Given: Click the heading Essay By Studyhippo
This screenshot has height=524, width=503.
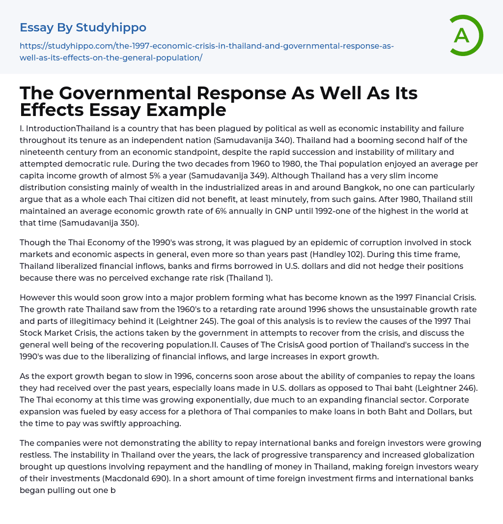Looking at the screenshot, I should pos(83,28).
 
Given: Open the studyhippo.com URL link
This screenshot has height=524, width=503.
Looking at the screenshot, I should pos(206,52).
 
